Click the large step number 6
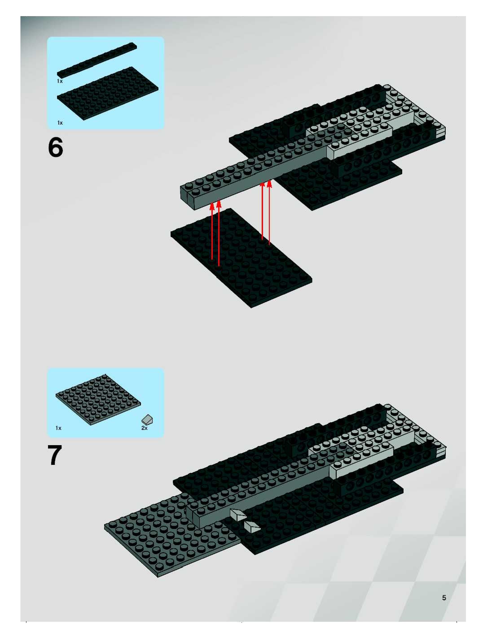point(55,147)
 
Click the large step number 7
point(55,455)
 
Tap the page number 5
point(444,598)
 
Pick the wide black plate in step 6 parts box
point(108,93)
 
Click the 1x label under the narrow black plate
point(60,81)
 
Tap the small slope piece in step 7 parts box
point(147,420)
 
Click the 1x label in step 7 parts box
point(59,428)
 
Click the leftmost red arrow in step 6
point(212,231)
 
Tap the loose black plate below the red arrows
point(241,258)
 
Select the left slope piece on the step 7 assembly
point(238,514)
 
